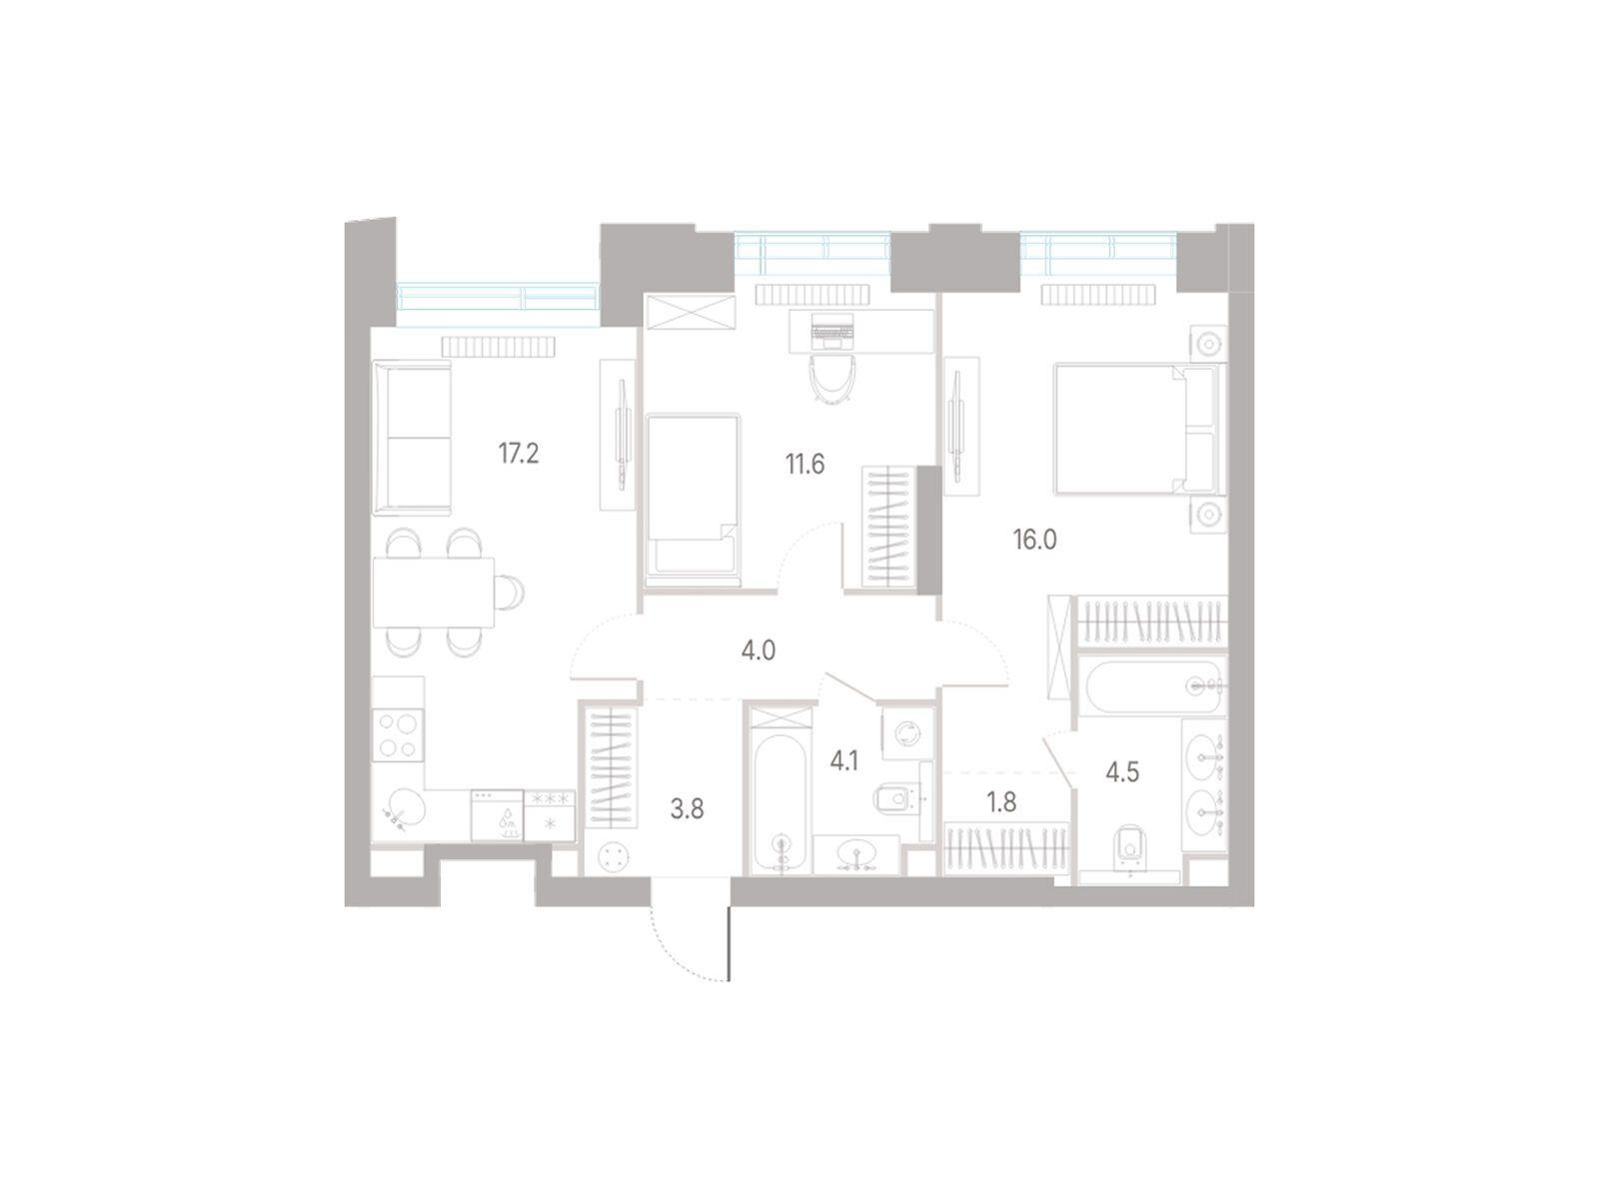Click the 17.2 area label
[518, 455]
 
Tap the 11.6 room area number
[804, 464]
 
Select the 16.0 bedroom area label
[1034, 540]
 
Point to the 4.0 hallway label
[759, 650]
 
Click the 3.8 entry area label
[687, 808]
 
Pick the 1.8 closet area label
[1001, 802]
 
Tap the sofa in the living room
[413, 437]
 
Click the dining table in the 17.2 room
[434, 592]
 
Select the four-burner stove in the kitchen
[398, 735]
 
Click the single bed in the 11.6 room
[693, 500]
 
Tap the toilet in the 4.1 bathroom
[894, 799]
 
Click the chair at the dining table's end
[511, 592]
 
